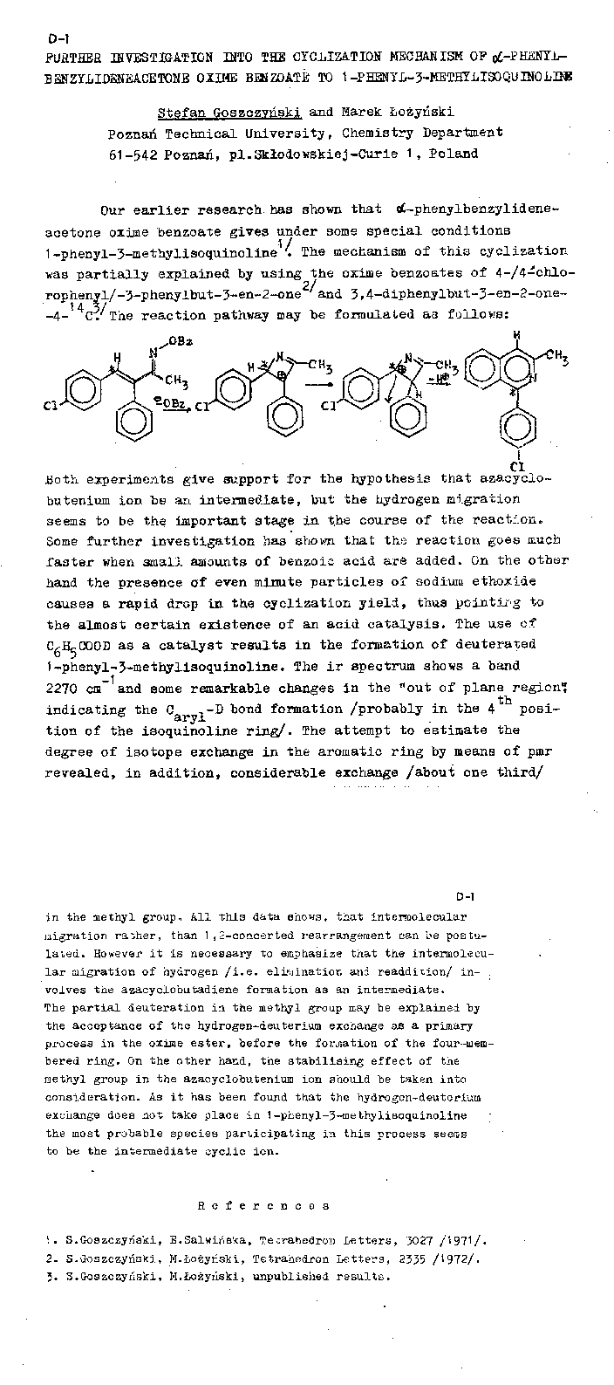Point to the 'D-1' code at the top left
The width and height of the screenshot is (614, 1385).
pyautogui.click(x=58, y=38)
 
